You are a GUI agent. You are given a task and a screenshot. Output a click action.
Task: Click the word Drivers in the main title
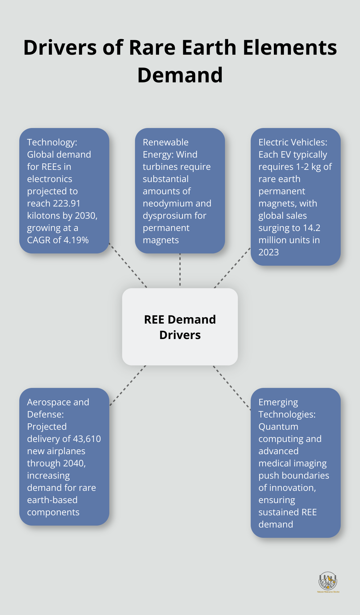tap(60, 48)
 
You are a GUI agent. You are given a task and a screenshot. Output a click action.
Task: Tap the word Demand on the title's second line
tap(180, 75)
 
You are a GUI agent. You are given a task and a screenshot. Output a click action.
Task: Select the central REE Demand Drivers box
tap(180, 326)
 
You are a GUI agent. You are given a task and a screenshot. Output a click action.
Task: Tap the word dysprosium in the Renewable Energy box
tap(167, 216)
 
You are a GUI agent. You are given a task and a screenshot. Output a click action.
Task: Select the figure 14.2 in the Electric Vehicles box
tap(311, 228)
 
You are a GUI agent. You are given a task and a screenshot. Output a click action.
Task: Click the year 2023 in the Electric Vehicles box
tap(269, 252)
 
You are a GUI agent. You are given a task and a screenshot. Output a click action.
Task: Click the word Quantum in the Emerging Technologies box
tap(278, 427)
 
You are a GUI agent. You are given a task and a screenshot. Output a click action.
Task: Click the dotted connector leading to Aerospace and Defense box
tap(128, 385)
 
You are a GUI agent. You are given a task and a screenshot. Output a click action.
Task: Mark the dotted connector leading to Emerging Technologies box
tap(232, 388)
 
